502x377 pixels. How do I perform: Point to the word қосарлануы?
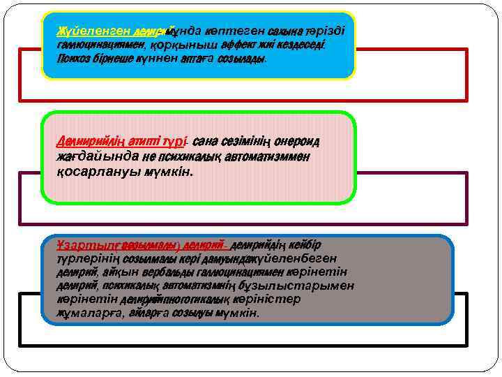coord(90,172)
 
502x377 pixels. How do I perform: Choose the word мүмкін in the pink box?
coord(168,172)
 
